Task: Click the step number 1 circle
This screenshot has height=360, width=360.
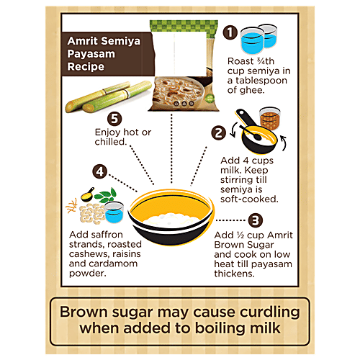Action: tap(231, 32)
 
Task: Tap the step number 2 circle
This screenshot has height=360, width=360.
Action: tap(217, 132)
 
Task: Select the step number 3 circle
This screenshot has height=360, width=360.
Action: tap(256, 222)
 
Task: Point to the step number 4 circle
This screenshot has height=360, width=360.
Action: tap(101, 173)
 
